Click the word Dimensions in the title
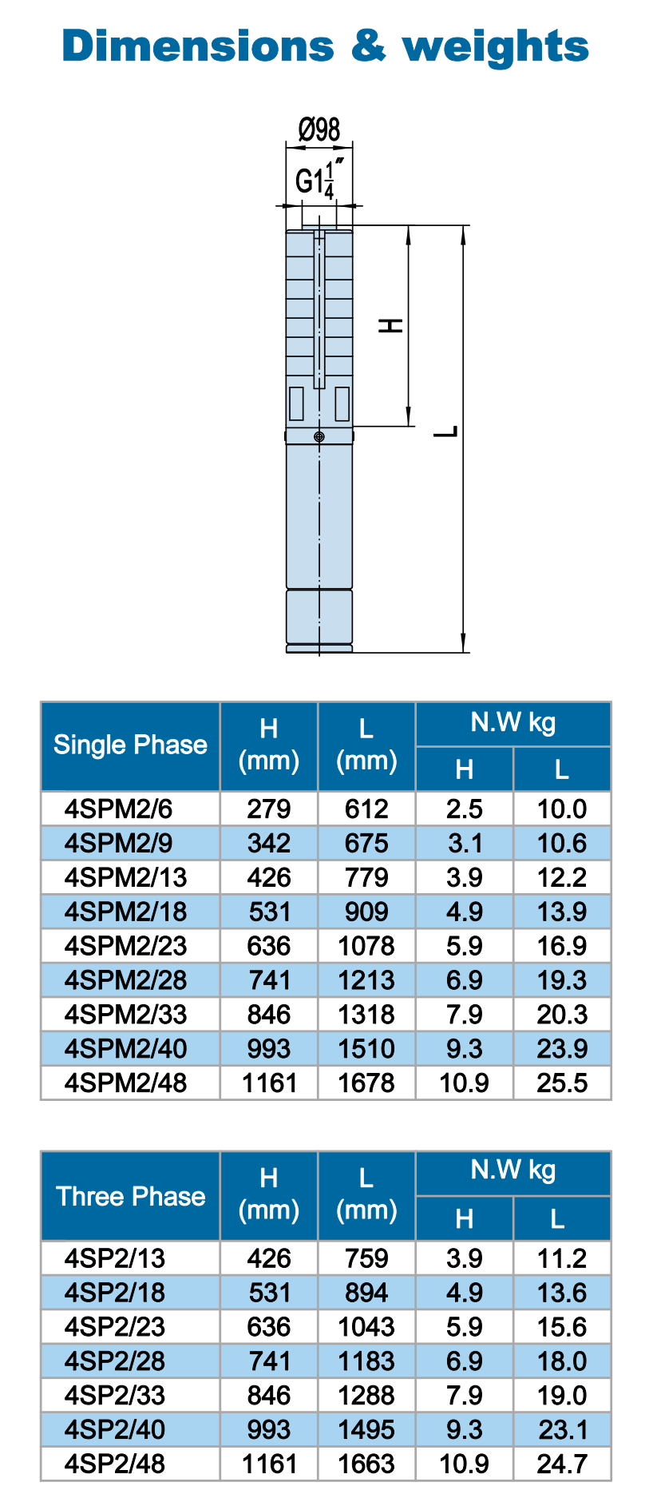198,46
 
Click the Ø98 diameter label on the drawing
319,129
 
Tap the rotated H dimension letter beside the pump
390,325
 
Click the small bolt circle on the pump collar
319,436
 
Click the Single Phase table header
130,745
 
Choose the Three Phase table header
130,1196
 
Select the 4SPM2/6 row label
118,809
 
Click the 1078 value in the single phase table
366,946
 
